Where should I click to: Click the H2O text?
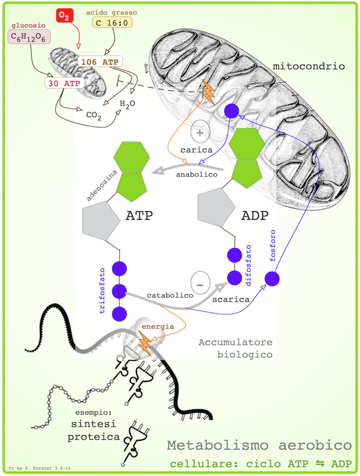coord(128,104)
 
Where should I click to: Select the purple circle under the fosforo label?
coord(272,278)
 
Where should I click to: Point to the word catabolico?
coord(162,294)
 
